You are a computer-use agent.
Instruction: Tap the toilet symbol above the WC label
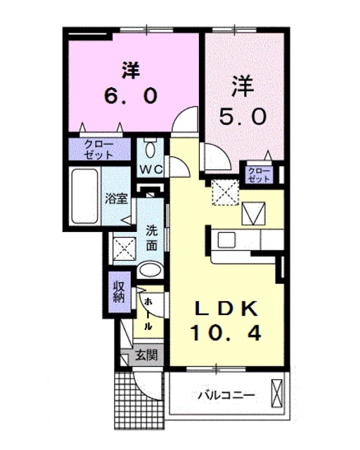[149, 149]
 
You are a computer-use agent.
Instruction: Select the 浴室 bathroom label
[116, 199]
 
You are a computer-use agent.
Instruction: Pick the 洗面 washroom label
[152, 238]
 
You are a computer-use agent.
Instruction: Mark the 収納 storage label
[118, 290]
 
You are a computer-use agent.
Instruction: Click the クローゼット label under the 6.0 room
[98, 149]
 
